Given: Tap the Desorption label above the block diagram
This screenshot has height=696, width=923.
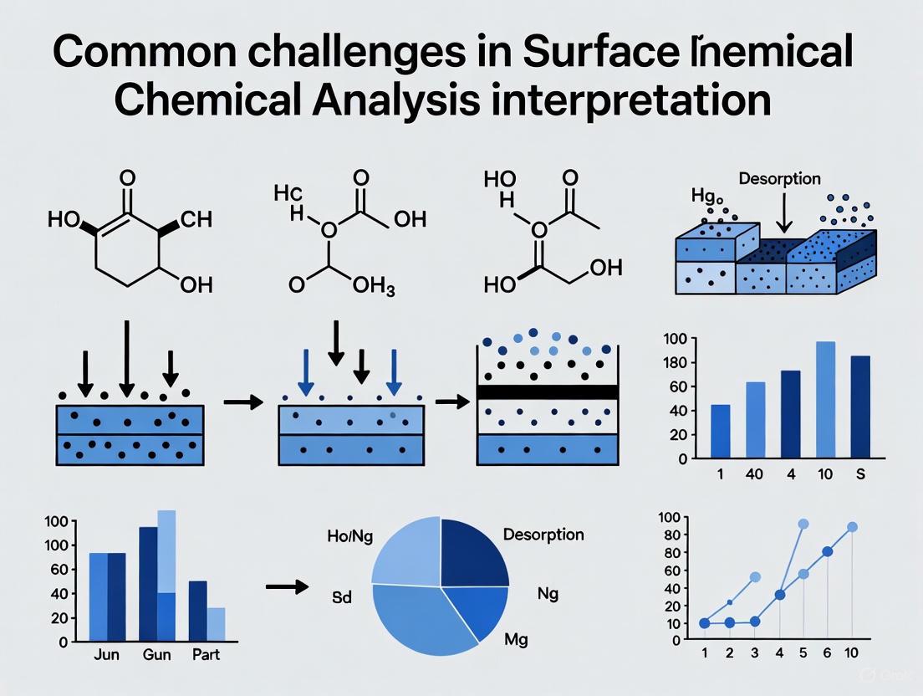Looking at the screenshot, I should pyautogui.click(x=780, y=179).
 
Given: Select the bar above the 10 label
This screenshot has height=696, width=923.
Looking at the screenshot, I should pyautogui.click(x=825, y=399).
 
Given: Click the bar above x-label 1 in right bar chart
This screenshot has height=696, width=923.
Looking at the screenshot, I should pyautogui.click(x=720, y=431).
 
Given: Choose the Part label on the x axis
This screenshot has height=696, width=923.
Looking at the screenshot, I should pyautogui.click(x=207, y=653).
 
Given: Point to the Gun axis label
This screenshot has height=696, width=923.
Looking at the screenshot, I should pyautogui.click(x=157, y=653).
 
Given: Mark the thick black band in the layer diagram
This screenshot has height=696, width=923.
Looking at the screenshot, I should pyautogui.click(x=547, y=392).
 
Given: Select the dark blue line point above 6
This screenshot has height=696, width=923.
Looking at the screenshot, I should pyautogui.click(x=827, y=551).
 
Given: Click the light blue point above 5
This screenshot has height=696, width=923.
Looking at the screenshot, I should pyautogui.click(x=803, y=524).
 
